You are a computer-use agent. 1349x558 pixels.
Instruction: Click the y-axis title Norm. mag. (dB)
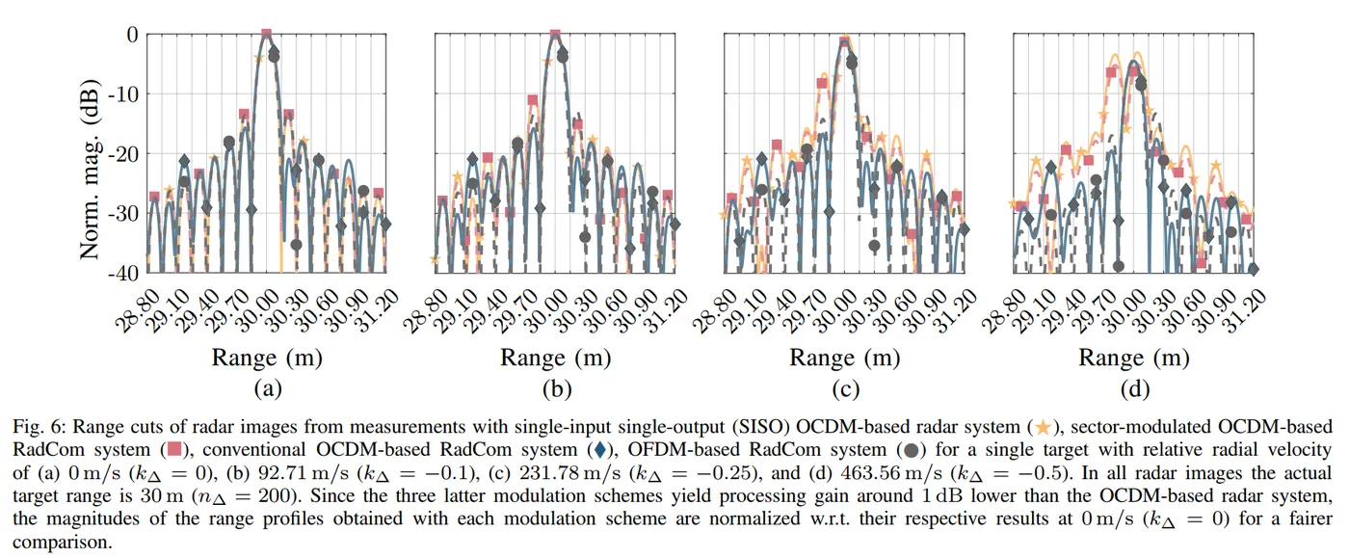click(91, 153)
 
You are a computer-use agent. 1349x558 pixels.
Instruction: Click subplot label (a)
click(266, 389)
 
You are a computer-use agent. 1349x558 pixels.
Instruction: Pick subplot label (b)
click(556, 389)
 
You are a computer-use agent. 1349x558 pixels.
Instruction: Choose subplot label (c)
click(845, 389)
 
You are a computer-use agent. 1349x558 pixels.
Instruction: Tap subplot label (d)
click(1135, 389)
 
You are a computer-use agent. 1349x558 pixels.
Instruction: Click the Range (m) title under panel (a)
click(267, 358)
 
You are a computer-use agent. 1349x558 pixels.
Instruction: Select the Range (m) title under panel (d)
click(1135, 358)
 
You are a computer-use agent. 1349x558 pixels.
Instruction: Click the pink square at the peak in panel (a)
click(267, 35)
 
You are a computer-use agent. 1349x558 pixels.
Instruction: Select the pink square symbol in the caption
click(175, 449)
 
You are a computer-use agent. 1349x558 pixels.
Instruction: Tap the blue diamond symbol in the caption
click(600, 449)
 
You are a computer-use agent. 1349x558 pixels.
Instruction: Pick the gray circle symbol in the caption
click(910, 449)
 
